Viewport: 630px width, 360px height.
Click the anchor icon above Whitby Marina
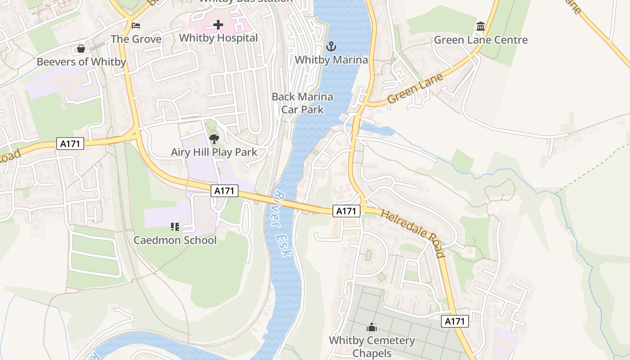(331, 46)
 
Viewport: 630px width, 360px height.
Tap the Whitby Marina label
(331, 59)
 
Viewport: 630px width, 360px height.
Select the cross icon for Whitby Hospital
(218, 24)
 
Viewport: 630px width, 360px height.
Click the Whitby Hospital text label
(218, 38)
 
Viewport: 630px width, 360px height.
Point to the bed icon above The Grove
(136, 25)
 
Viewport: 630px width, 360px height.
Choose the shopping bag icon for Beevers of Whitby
(81, 48)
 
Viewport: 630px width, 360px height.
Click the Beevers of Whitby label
(81, 62)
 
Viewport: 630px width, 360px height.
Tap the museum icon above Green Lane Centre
(481, 27)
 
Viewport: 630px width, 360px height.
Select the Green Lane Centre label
(481, 40)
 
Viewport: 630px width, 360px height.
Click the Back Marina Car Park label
(302, 103)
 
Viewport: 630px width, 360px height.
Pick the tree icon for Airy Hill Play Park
(214, 139)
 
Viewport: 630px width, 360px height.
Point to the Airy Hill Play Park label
(214, 152)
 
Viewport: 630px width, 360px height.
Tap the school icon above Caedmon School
(175, 226)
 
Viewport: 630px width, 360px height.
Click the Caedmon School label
(175, 240)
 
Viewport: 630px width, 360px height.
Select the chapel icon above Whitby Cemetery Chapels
(372, 327)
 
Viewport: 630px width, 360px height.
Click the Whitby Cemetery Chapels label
(372, 346)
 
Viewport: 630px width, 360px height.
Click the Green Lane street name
(415, 89)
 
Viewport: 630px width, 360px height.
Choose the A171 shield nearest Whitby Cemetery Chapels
(454, 321)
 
